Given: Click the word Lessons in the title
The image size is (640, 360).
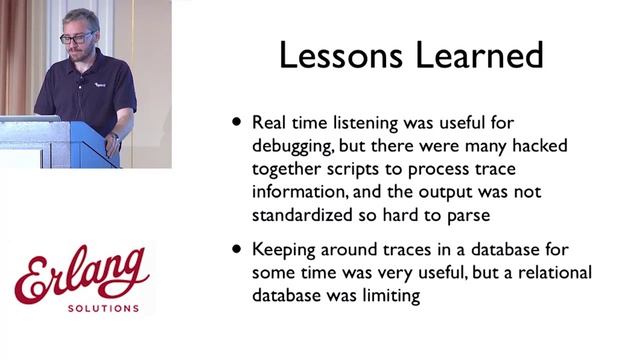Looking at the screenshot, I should [337, 55].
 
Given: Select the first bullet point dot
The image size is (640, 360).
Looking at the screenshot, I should [237, 121].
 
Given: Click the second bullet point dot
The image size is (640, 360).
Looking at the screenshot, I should [237, 247].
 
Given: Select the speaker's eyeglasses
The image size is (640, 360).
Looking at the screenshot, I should [77, 37].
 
